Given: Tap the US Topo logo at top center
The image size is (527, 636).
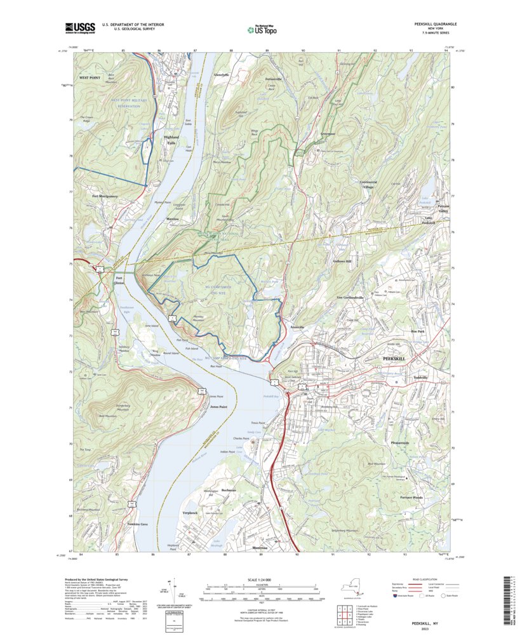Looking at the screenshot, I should click(x=263, y=29).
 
